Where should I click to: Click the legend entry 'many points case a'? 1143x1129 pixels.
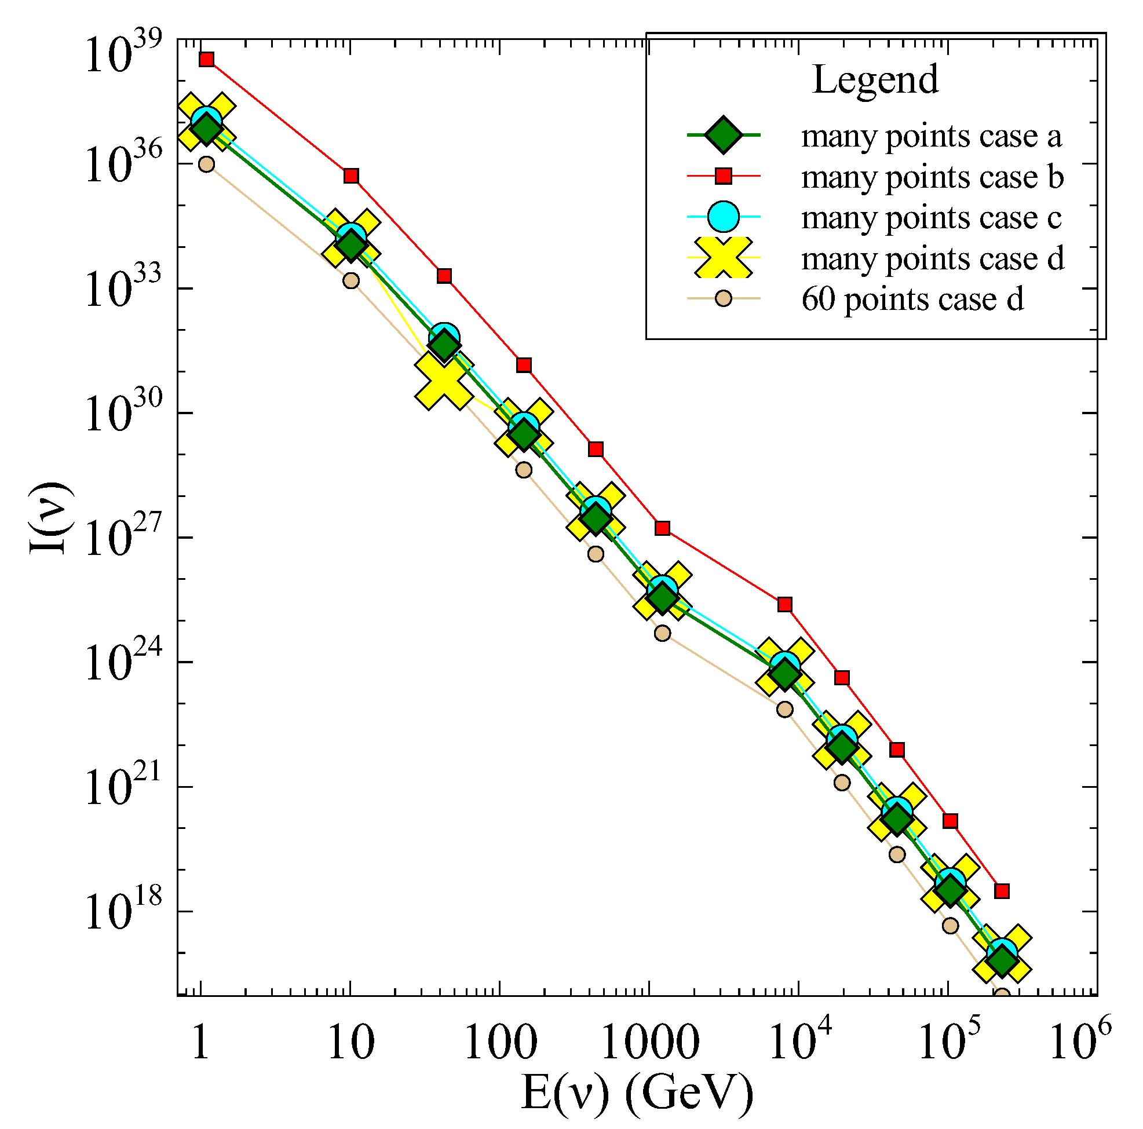coord(930,136)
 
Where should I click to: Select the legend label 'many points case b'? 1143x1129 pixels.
coord(932,177)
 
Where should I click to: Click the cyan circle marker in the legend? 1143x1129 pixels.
coord(723,217)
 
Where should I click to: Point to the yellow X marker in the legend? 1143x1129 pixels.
coord(723,257)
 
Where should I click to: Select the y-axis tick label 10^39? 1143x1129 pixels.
coord(123,54)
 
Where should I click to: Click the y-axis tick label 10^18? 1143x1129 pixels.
coord(123,912)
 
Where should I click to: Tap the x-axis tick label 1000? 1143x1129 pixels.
coord(649,1043)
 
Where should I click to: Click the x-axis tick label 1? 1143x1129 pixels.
coord(200,1043)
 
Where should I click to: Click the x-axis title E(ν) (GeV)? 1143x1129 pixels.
coord(637,1093)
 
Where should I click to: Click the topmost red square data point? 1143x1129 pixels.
coord(206,59)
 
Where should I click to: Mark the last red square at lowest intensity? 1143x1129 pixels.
coord(1001,891)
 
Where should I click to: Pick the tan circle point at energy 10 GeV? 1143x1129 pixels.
coord(351,280)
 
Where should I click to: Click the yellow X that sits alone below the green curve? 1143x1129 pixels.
coord(444,381)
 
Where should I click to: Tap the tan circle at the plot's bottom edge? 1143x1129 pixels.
coord(1001,996)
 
